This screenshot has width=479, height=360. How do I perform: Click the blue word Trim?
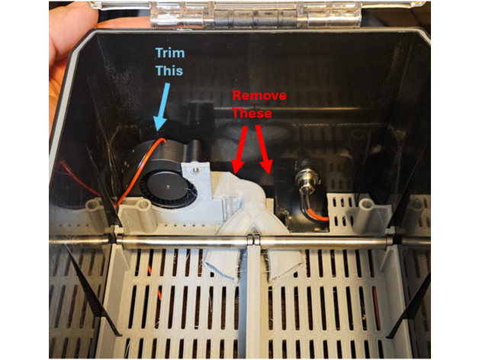pyautogui.click(x=170, y=53)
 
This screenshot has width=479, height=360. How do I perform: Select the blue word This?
pyautogui.click(x=169, y=71)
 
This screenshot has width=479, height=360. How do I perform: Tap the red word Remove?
pyautogui.click(x=259, y=95)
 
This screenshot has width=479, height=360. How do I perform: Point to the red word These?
pyautogui.click(x=252, y=114)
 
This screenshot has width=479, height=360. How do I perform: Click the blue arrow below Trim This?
pyautogui.click(x=162, y=107)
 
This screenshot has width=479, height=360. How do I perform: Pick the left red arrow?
pyautogui.click(x=240, y=149)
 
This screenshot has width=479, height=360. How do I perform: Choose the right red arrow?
pyautogui.click(x=263, y=149)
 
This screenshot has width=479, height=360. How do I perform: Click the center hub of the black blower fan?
pyautogui.click(x=168, y=185)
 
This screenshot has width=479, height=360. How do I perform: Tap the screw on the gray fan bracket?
pyautogui.click(x=194, y=169)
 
